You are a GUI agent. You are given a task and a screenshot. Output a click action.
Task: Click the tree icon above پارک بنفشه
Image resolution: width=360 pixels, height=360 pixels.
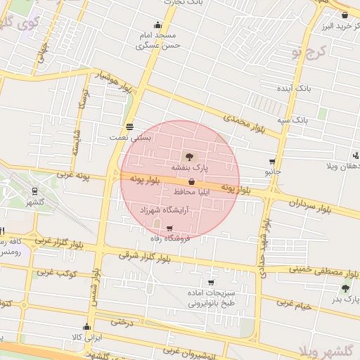point(188,156)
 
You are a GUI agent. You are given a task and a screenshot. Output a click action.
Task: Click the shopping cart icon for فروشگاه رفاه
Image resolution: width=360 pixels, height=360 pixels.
point(169,228)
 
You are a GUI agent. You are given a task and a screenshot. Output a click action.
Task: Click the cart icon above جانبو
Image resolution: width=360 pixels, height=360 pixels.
point(272,161)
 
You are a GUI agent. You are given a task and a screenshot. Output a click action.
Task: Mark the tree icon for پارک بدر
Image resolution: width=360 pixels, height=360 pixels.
point(345,288)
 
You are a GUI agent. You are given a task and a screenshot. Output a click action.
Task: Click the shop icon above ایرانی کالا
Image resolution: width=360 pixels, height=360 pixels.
point(86,327)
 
